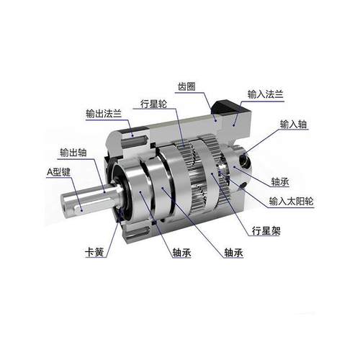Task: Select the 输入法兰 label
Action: [x=266, y=94]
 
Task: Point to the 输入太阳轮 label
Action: [x=292, y=202]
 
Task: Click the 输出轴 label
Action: [x=73, y=153]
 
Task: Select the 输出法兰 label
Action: [x=102, y=113]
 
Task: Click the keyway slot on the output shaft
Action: [x=79, y=206]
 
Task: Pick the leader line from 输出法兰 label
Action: [x=127, y=122]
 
